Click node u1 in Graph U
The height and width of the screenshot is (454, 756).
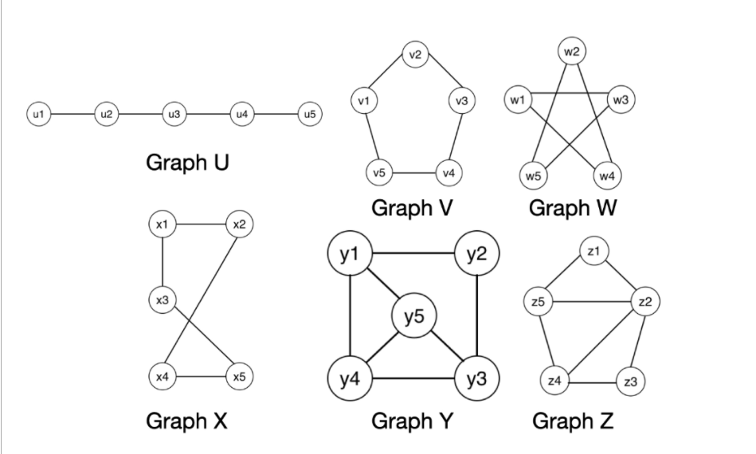[x=37, y=114]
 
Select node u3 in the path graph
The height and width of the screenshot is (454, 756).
[x=174, y=114]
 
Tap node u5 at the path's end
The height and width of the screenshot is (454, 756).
[x=310, y=114]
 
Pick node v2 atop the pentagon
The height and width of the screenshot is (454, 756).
[x=414, y=55]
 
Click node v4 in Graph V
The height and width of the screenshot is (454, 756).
[x=449, y=172]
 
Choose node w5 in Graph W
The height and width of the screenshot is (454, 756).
[x=531, y=174]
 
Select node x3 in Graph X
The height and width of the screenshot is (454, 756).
[x=163, y=299]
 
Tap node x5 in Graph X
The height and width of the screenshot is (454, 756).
[x=240, y=376]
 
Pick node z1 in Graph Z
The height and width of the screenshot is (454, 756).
[x=592, y=251]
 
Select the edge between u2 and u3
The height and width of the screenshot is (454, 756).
[x=139, y=114]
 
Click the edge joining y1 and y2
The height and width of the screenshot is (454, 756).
[x=413, y=254]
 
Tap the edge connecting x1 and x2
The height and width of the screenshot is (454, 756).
[x=201, y=225]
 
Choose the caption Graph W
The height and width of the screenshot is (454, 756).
[x=572, y=208]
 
